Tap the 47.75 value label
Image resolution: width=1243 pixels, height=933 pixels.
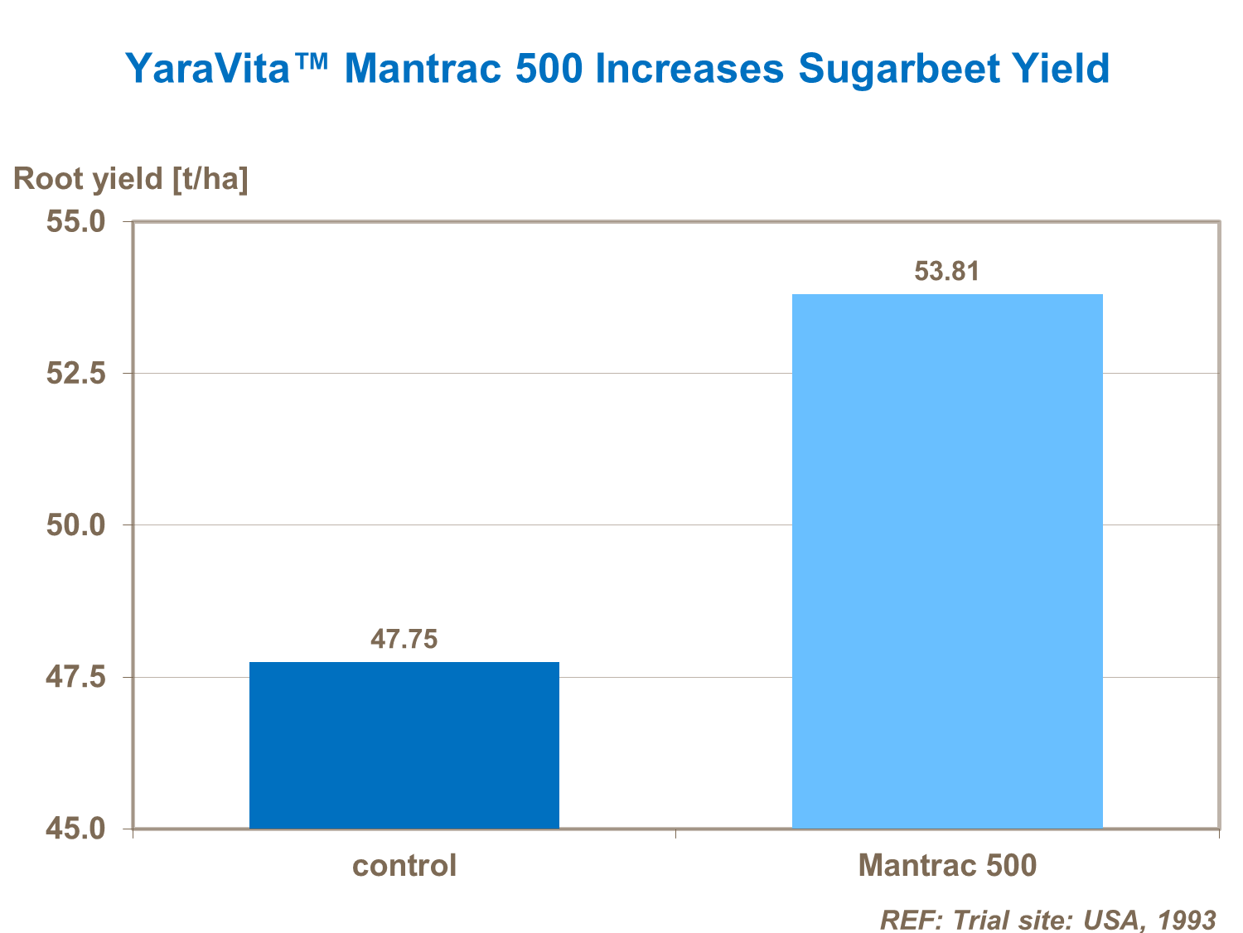click(404, 639)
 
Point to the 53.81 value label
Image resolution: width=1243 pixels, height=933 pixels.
click(946, 271)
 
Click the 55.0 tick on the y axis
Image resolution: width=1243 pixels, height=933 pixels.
click(75, 222)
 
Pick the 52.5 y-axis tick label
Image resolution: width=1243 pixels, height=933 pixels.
click(75, 374)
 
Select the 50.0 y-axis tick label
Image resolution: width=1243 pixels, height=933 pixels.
click(75, 525)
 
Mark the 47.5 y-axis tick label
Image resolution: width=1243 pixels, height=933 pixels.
click(75, 677)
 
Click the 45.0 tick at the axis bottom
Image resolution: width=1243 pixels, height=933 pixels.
click(75, 829)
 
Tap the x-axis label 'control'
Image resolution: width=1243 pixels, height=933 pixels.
click(404, 866)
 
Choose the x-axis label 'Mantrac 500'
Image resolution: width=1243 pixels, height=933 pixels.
click(947, 866)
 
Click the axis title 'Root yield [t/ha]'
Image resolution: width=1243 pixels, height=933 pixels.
click(131, 179)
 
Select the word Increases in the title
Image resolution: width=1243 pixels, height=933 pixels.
click(689, 69)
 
